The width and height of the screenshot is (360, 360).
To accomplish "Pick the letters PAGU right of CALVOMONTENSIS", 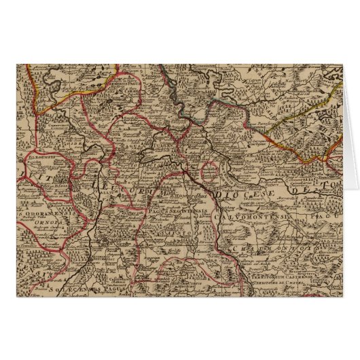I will pyautogui.click(x=325, y=214).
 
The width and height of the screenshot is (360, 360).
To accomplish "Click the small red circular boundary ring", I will pyautogui.click(x=213, y=170).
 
